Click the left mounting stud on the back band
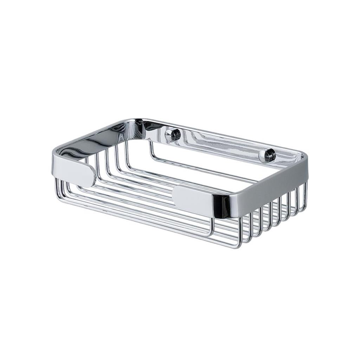(173, 135)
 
